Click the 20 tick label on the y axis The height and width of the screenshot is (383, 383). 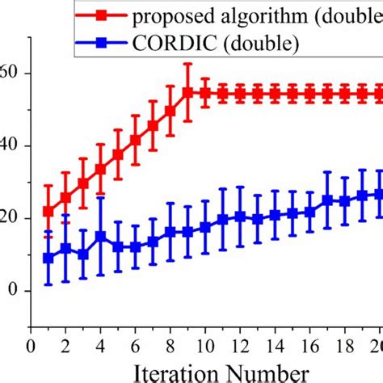tap(10, 218)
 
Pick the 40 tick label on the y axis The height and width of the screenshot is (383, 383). tap(10, 145)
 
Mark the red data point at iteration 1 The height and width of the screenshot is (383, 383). tap(48, 212)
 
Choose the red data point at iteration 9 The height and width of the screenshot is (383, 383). tap(187, 92)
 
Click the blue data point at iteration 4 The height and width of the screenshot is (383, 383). tap(100, 237)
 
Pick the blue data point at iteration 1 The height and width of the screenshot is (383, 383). tap(48, 258)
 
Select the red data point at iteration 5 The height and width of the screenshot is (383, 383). tap(118, 154)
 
